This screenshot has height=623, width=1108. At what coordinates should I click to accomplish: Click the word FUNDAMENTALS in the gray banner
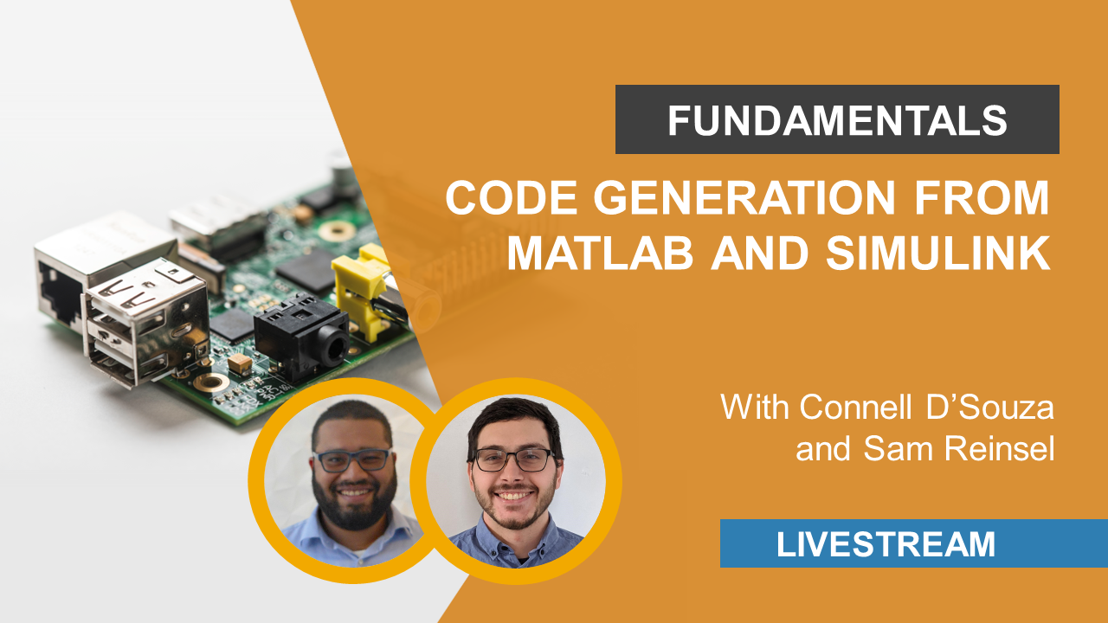pos(837,120)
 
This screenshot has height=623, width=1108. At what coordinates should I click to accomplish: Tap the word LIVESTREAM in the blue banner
pos(886,544)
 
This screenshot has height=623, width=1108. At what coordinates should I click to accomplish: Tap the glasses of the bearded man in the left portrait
pos(351,460)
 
